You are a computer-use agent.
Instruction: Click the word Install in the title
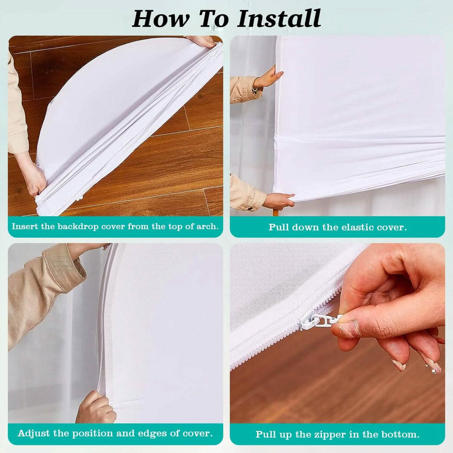click(279, 18)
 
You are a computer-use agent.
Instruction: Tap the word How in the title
click(161, 18)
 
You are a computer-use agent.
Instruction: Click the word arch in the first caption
click(207, 226)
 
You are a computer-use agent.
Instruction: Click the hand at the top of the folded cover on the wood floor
click(201, 41)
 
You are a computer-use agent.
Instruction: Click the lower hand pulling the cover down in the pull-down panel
click(277, 201)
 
